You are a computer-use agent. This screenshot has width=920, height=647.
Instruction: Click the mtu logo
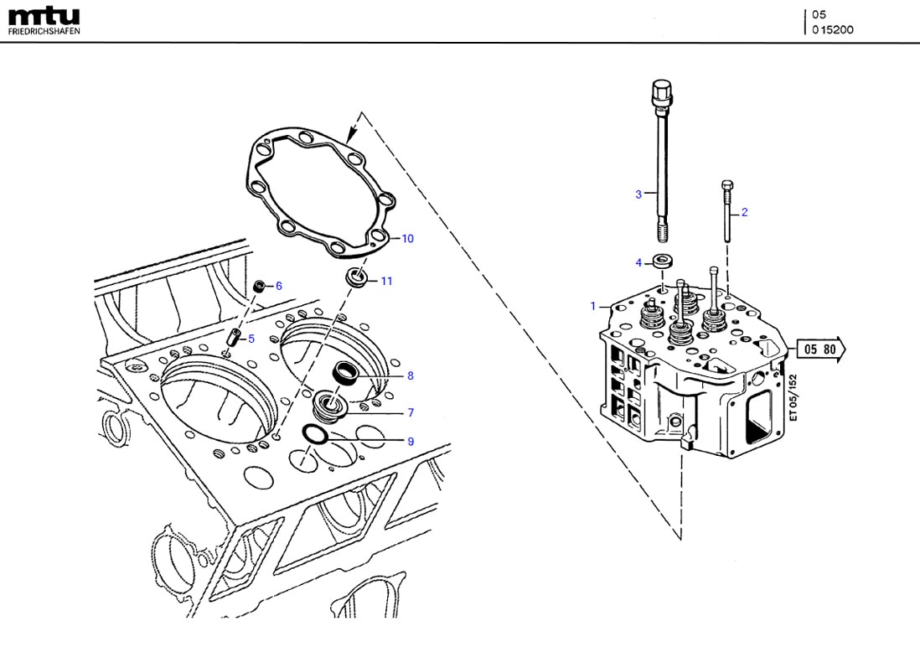coord(44,16)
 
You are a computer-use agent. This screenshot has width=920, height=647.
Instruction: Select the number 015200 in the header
coord(833,29)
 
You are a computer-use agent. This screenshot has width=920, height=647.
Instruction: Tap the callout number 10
coord(407,239)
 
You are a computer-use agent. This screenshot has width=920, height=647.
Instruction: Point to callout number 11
coord(386,281)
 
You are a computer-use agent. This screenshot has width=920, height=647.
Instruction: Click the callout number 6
coord(279,286)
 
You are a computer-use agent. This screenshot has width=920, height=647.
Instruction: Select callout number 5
coord(251,339)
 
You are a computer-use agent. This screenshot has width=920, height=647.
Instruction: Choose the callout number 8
coord(410,375)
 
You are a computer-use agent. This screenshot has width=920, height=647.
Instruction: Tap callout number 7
coord(411,412)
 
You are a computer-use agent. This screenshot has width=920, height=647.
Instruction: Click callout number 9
coord(410,441)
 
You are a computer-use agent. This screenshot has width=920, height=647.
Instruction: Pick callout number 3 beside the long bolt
coord(638,194)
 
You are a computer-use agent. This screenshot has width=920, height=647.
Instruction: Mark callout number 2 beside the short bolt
coord(744,212)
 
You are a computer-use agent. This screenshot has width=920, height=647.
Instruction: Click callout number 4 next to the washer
coord(638,262)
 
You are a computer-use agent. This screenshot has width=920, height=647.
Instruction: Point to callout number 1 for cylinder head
coord(592,306)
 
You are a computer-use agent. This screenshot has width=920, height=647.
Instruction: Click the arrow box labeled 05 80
coord(819,349)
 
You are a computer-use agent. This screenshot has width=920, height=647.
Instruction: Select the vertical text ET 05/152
coord(793,397)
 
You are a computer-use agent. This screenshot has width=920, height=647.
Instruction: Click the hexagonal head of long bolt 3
coord(660,90)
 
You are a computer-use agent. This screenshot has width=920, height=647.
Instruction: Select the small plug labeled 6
coord(261,287)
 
